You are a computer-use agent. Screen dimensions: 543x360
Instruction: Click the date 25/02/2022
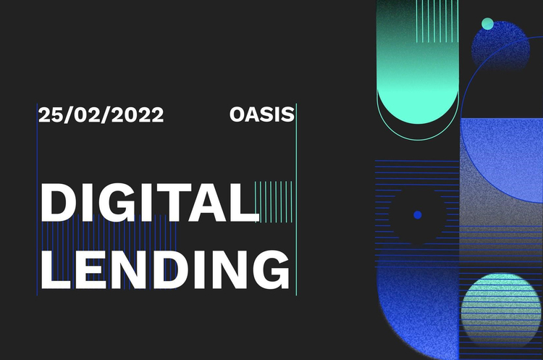101,114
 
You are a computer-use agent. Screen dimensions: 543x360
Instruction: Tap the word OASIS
262,114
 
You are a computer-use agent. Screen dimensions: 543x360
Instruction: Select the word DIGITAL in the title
150,202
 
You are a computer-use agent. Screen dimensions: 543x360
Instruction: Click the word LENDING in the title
165,269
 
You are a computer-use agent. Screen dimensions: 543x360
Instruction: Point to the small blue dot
418,215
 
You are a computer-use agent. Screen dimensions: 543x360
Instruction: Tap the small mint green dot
487,24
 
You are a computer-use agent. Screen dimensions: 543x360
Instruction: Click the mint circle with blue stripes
501,309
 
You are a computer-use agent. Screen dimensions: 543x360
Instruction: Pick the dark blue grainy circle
501,47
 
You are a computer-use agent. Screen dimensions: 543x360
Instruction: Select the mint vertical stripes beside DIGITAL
274,201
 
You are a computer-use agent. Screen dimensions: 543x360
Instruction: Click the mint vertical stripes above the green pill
437,21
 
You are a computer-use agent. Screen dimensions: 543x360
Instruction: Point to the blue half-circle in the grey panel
502,160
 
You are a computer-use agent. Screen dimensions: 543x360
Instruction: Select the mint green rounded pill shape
418,62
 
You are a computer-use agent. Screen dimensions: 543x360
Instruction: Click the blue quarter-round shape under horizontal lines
418,312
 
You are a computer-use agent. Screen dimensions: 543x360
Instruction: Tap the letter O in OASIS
237,114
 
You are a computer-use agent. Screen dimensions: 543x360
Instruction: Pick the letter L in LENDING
56,269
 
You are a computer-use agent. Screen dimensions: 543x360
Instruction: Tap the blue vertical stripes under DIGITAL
109,251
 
